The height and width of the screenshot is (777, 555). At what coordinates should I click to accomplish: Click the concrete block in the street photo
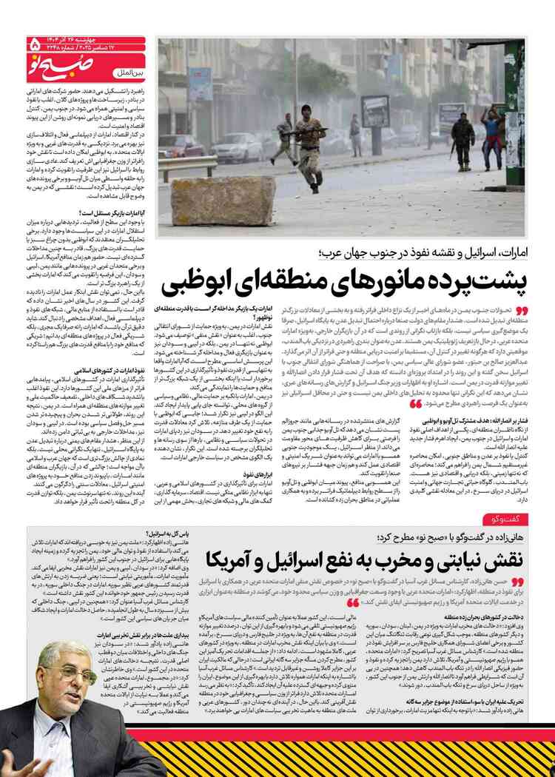pos(213,201)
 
